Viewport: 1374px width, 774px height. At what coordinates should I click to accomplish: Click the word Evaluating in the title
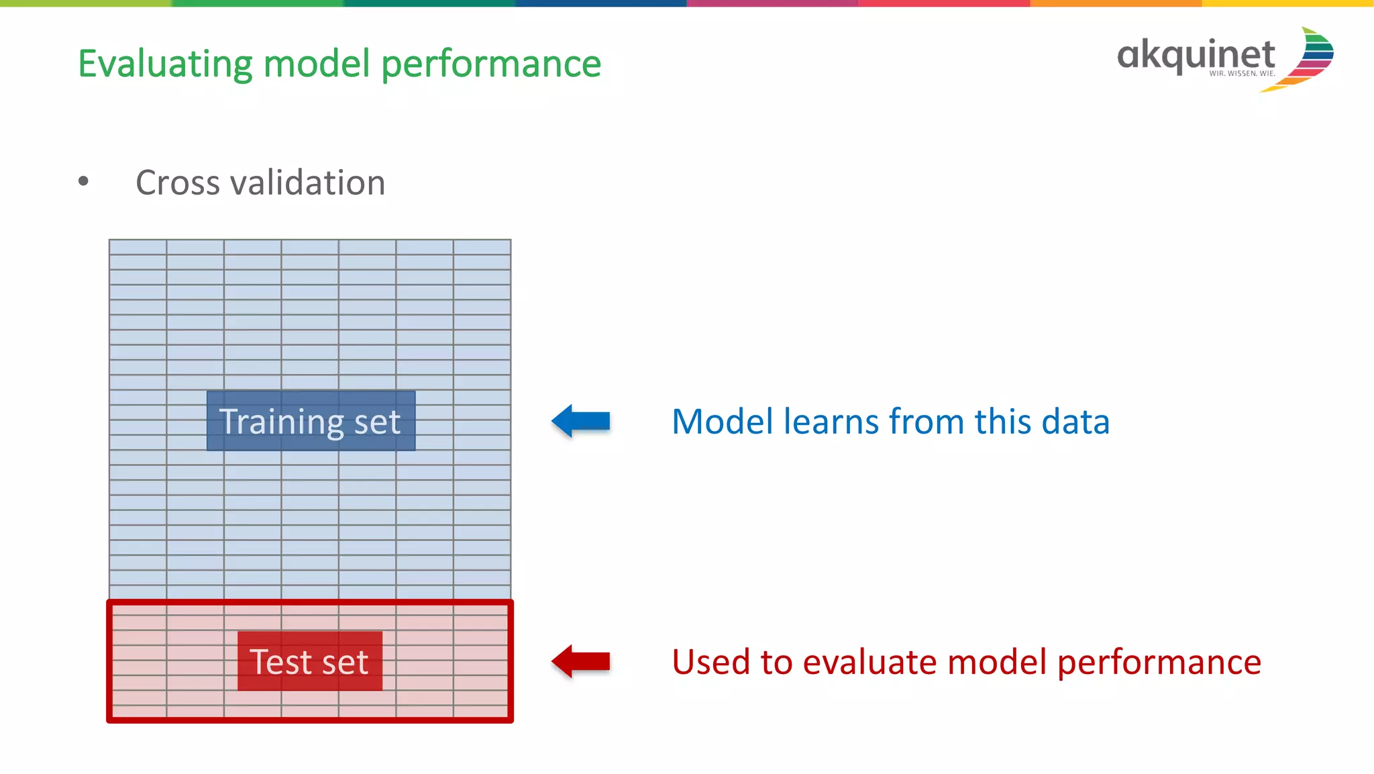pyautogui.click(x=164, y=64)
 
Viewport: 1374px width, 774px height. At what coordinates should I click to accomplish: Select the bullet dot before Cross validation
pyautogui.click(x=83, y=181)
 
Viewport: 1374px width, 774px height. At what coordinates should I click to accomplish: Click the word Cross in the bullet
pyautogui.click(x=177, y=183)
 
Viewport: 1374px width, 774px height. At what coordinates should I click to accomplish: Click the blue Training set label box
pyautogui.click(x=311, y=421)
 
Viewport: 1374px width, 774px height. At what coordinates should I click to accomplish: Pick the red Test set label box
pyautogui.click(x=309, y=661)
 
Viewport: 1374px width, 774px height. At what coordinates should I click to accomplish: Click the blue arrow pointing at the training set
pyautogui.click(x=581, y=421)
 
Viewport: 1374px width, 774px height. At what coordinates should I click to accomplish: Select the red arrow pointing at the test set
pyautogui.click(x=581, y=661)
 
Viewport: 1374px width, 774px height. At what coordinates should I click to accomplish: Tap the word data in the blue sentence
pyautogui.click(x=1079, y=422)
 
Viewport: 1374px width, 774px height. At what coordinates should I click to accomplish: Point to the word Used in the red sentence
pyautogui.click(x=710, y=663)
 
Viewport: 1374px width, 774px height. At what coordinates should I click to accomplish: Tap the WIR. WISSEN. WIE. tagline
pyautogui.click(x=1242, y=74)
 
